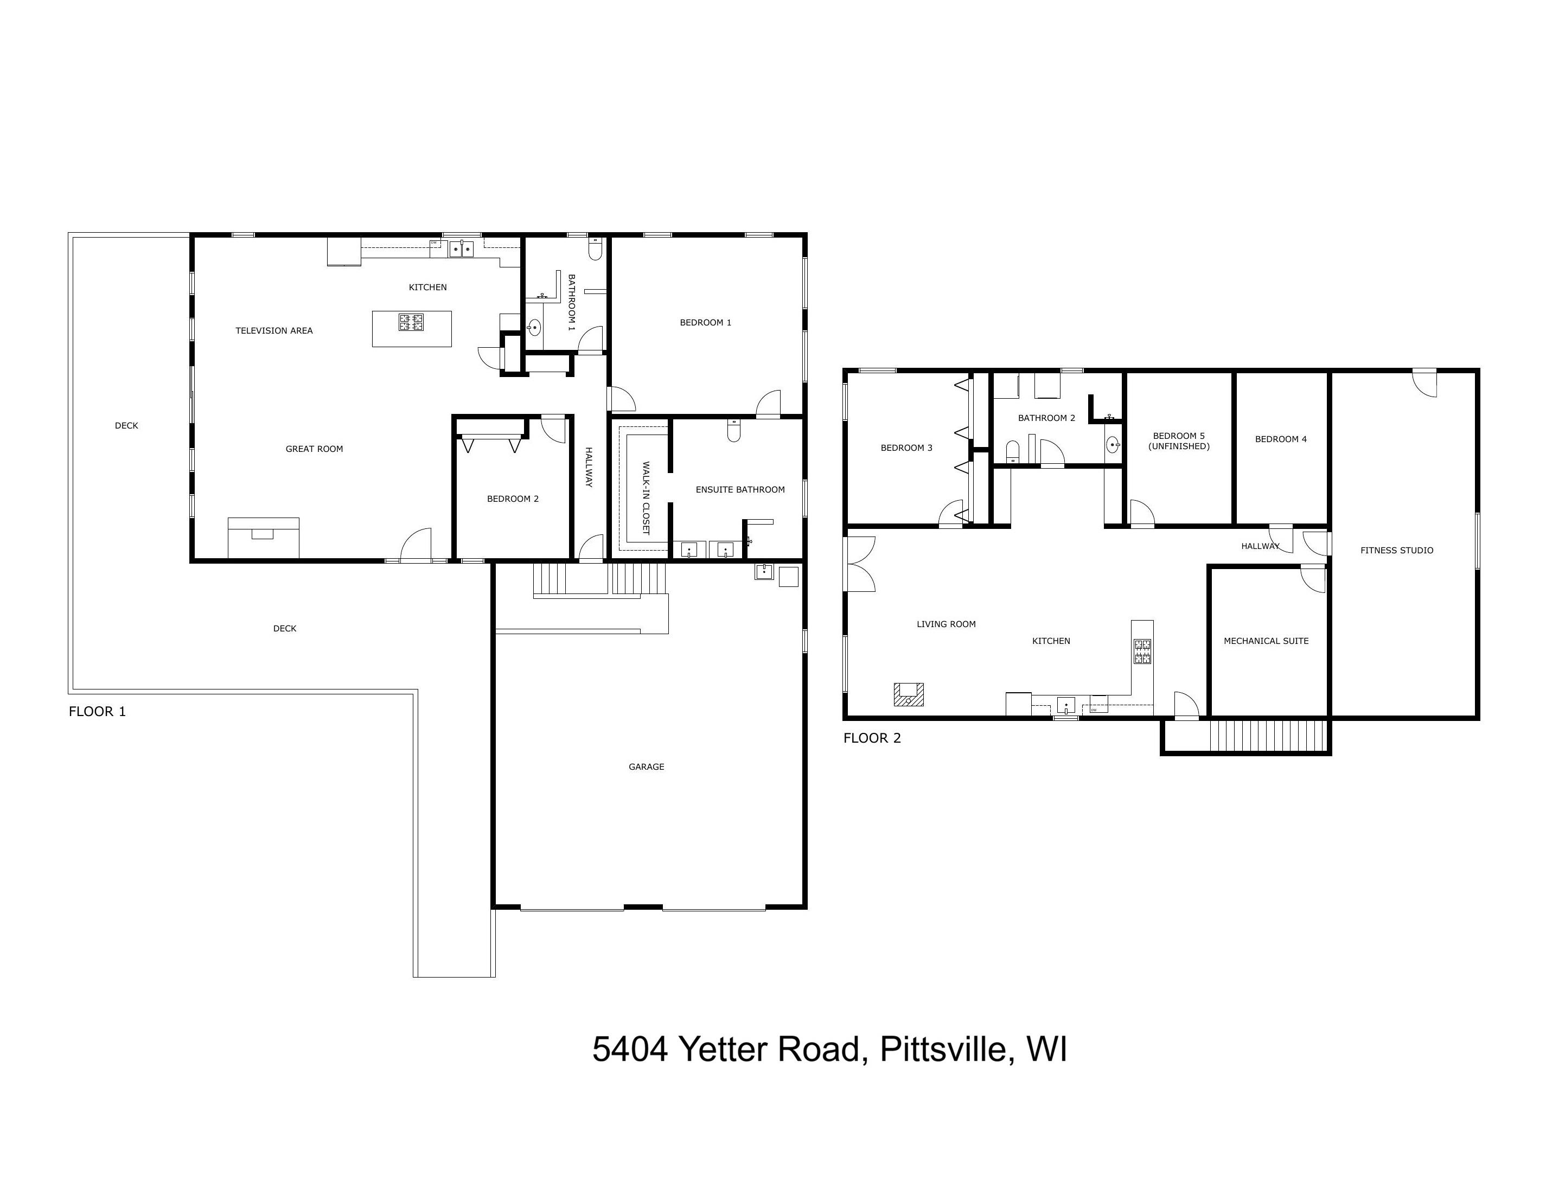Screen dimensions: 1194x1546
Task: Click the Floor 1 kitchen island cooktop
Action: [411, 323]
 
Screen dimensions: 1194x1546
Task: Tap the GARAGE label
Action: [646, 767]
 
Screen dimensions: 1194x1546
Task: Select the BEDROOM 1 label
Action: [705, 323]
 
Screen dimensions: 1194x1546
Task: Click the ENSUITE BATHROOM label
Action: [740, 490]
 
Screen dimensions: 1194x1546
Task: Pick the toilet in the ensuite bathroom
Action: [733, 430]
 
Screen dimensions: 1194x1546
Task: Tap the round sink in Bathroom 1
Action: [534, 327]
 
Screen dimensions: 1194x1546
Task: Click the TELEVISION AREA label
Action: [274, 330]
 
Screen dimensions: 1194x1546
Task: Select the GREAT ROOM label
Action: [314, 449]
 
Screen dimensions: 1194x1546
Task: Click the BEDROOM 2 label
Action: [513, 499]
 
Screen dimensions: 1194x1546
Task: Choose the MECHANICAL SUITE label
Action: [1266, 641]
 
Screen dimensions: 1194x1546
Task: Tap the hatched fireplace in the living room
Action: [908, 694]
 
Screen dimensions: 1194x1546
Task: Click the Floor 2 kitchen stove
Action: [1142, 651]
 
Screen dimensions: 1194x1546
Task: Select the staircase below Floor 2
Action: [1267, 736]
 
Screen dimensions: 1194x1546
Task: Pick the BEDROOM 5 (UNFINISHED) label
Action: [1179, 441]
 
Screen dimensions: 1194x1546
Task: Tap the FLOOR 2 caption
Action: [871, 738]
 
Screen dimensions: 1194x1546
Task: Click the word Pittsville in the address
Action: [942, 1050]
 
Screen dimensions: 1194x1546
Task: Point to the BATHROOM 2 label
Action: [1046, 418]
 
